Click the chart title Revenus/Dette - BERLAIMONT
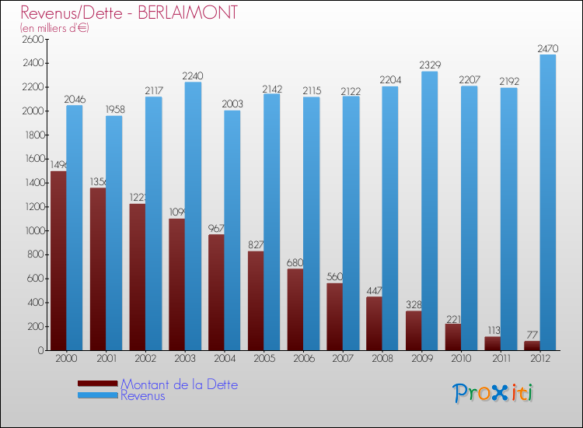[129, 13]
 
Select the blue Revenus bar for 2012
[548, 202]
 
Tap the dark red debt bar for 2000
[58, 261]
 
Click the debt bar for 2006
[295, 310]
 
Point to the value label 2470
[547, 49]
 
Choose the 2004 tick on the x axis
[224, 358]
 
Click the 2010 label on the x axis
[461, 358]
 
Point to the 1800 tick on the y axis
[33, 135]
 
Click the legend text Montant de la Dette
[180, 384]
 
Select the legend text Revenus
[143, 395]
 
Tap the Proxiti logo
[494, 393]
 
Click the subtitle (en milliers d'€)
[55, 28]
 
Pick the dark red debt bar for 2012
[532, 346]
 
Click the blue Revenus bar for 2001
[113, 233]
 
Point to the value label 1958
[113, 110]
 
